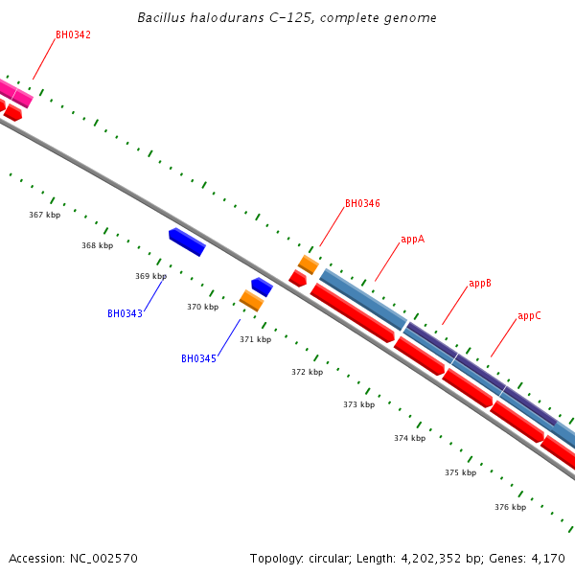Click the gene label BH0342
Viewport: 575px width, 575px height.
73,34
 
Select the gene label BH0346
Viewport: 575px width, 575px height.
362,204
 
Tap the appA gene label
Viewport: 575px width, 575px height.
412,239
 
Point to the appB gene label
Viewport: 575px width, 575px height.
480,284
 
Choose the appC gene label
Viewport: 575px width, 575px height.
529,315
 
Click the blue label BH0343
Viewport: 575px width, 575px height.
125,313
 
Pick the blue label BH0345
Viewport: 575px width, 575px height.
198,358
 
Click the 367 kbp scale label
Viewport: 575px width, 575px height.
44,215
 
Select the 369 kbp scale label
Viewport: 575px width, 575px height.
150,276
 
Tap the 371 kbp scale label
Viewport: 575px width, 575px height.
255,339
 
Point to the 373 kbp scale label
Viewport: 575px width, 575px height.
358,404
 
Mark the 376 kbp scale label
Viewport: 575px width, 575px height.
510,506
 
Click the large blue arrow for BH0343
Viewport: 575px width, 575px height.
187,241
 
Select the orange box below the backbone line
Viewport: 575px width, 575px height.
251,300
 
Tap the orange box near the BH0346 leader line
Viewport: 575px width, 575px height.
308,264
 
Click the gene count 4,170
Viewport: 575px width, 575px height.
549,558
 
